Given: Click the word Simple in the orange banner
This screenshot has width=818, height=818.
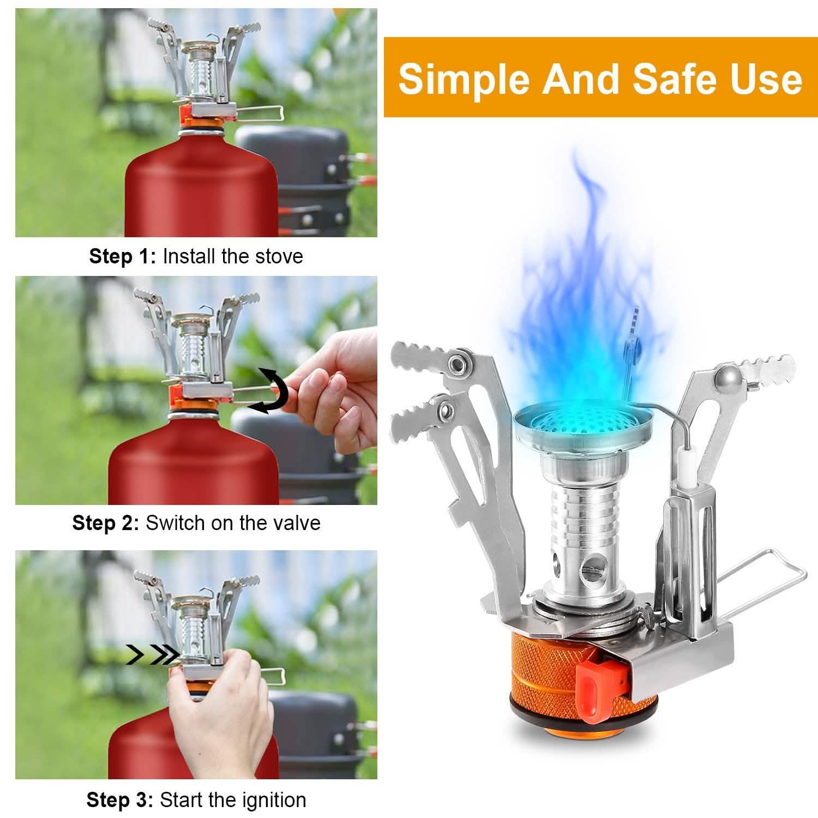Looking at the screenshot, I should (464, 79).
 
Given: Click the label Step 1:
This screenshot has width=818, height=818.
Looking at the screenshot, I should (123, 256).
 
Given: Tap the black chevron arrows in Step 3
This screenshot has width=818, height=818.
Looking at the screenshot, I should (153, 654).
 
